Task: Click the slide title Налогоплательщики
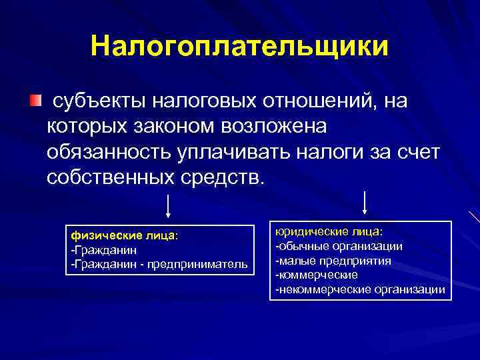click(x=239, y=47)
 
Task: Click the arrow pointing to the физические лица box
click(x=168, y=207)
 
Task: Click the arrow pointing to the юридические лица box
click(x=365, y=203)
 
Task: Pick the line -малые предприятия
click(x=333, y=260)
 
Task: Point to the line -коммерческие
click(x=317, y=274)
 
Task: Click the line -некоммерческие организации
click(x=360, y=289)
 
